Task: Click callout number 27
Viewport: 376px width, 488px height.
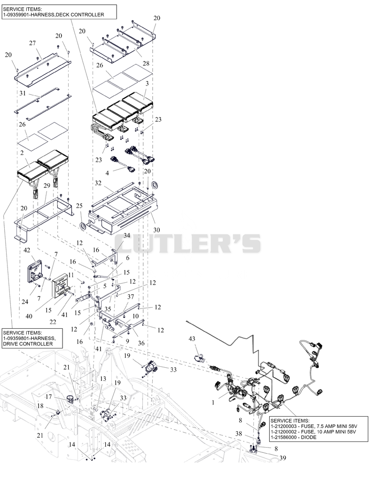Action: click(32, 43)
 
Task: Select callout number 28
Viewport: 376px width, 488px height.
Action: click(146, 63)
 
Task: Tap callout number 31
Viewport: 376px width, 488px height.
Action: click(23, 93)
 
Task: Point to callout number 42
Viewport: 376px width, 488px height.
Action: click(27, 250)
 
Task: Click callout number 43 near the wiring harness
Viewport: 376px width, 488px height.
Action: click(192, 339)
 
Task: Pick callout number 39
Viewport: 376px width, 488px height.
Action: click(282, 458)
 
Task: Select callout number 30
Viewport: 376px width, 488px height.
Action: click(157, 230)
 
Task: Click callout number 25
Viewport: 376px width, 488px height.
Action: click(79, 206)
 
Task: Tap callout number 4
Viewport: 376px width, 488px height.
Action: click(108, 173)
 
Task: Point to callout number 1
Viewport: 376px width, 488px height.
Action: click(213, 403)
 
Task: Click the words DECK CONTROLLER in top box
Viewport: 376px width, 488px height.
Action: click(82, 15)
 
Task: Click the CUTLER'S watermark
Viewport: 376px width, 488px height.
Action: click(188, 243)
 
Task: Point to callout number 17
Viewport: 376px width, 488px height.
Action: click(49, 397)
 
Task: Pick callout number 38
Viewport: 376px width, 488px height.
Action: click(239, 434)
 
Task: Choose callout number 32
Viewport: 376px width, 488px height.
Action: click(98, 183)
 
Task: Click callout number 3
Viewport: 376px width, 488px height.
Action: click(147, 84)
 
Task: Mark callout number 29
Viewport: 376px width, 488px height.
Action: click(47, 186)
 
